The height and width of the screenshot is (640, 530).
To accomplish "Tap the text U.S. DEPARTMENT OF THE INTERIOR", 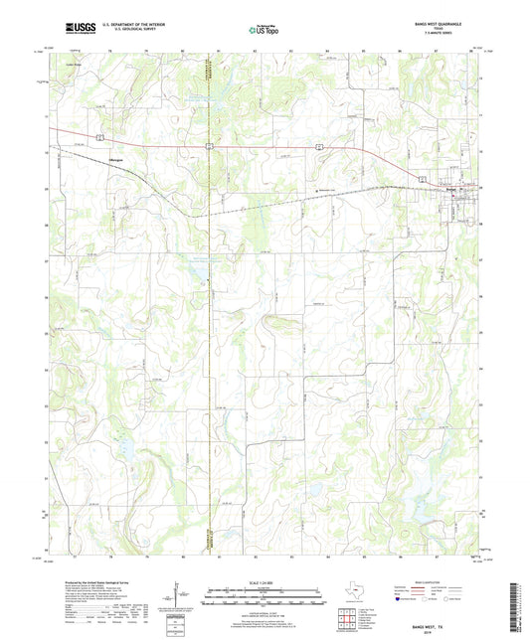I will [136, 25].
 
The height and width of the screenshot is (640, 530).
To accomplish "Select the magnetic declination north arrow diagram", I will [178, 596].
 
